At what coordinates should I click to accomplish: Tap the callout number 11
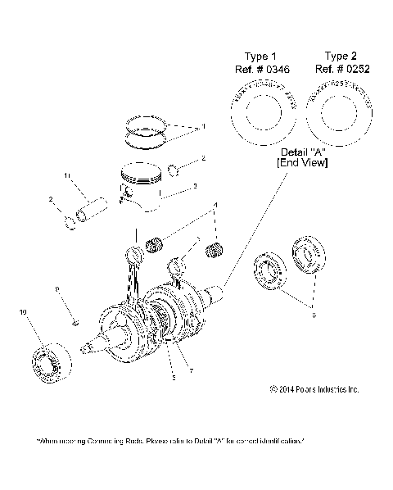(x=69, y=176)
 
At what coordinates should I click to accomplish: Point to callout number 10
(x=22, y=312)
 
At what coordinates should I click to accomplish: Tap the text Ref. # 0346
(x=261, y=70)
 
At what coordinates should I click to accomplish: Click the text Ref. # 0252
(x=341, y=70)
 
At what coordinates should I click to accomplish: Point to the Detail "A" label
(x=302, y=153)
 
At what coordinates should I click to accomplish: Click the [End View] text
(x=302, y=164)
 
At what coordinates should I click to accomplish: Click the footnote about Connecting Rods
(x=171, y=441)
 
